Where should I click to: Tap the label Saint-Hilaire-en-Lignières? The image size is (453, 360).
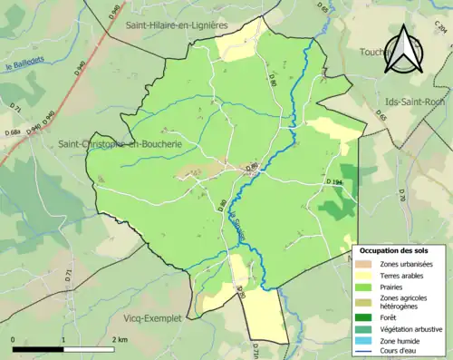point(177,26)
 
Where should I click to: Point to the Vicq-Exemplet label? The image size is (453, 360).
point(152,319)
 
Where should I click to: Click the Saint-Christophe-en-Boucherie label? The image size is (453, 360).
point(119,144)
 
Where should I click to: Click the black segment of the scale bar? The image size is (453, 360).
point(38,348)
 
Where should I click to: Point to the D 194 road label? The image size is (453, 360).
point(335,182)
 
